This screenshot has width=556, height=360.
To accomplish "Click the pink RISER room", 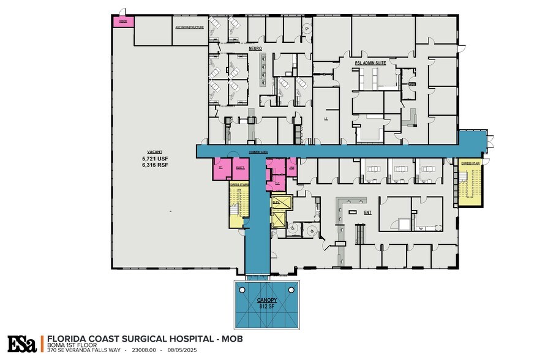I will [122, 21].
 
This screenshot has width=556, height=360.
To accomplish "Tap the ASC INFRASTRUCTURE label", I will [189, 27].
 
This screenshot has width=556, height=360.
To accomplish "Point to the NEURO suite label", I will [255, 48].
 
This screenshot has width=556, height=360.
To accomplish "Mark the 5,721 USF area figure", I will [154, 158].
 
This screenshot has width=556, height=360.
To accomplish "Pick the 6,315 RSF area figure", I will [154, 165].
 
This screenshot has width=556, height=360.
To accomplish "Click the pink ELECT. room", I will [240, 167].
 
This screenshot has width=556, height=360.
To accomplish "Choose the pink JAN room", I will [292, 167].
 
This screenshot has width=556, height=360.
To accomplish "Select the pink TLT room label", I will [277, 182].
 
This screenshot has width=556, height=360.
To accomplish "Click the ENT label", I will [367, 212].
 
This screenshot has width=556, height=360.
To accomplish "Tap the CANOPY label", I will [266, 301].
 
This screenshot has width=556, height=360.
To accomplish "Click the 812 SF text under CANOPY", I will [266, 307].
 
